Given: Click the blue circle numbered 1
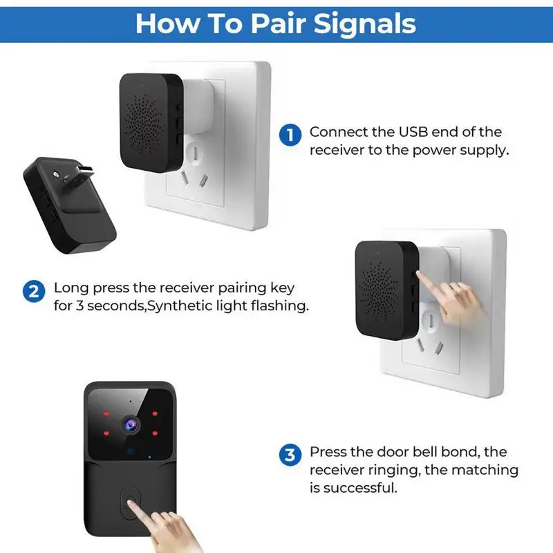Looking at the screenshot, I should pos(290,134).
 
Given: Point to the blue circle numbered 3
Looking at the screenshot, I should pos(290,455).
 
